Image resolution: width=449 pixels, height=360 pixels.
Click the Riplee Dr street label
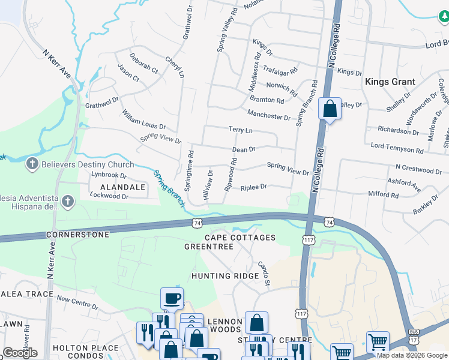(253, 187)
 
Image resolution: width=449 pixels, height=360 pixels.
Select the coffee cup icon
(172, 298)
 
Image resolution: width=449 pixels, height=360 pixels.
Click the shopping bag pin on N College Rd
(330, 109)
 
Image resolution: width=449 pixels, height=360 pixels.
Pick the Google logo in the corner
(20, 353)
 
